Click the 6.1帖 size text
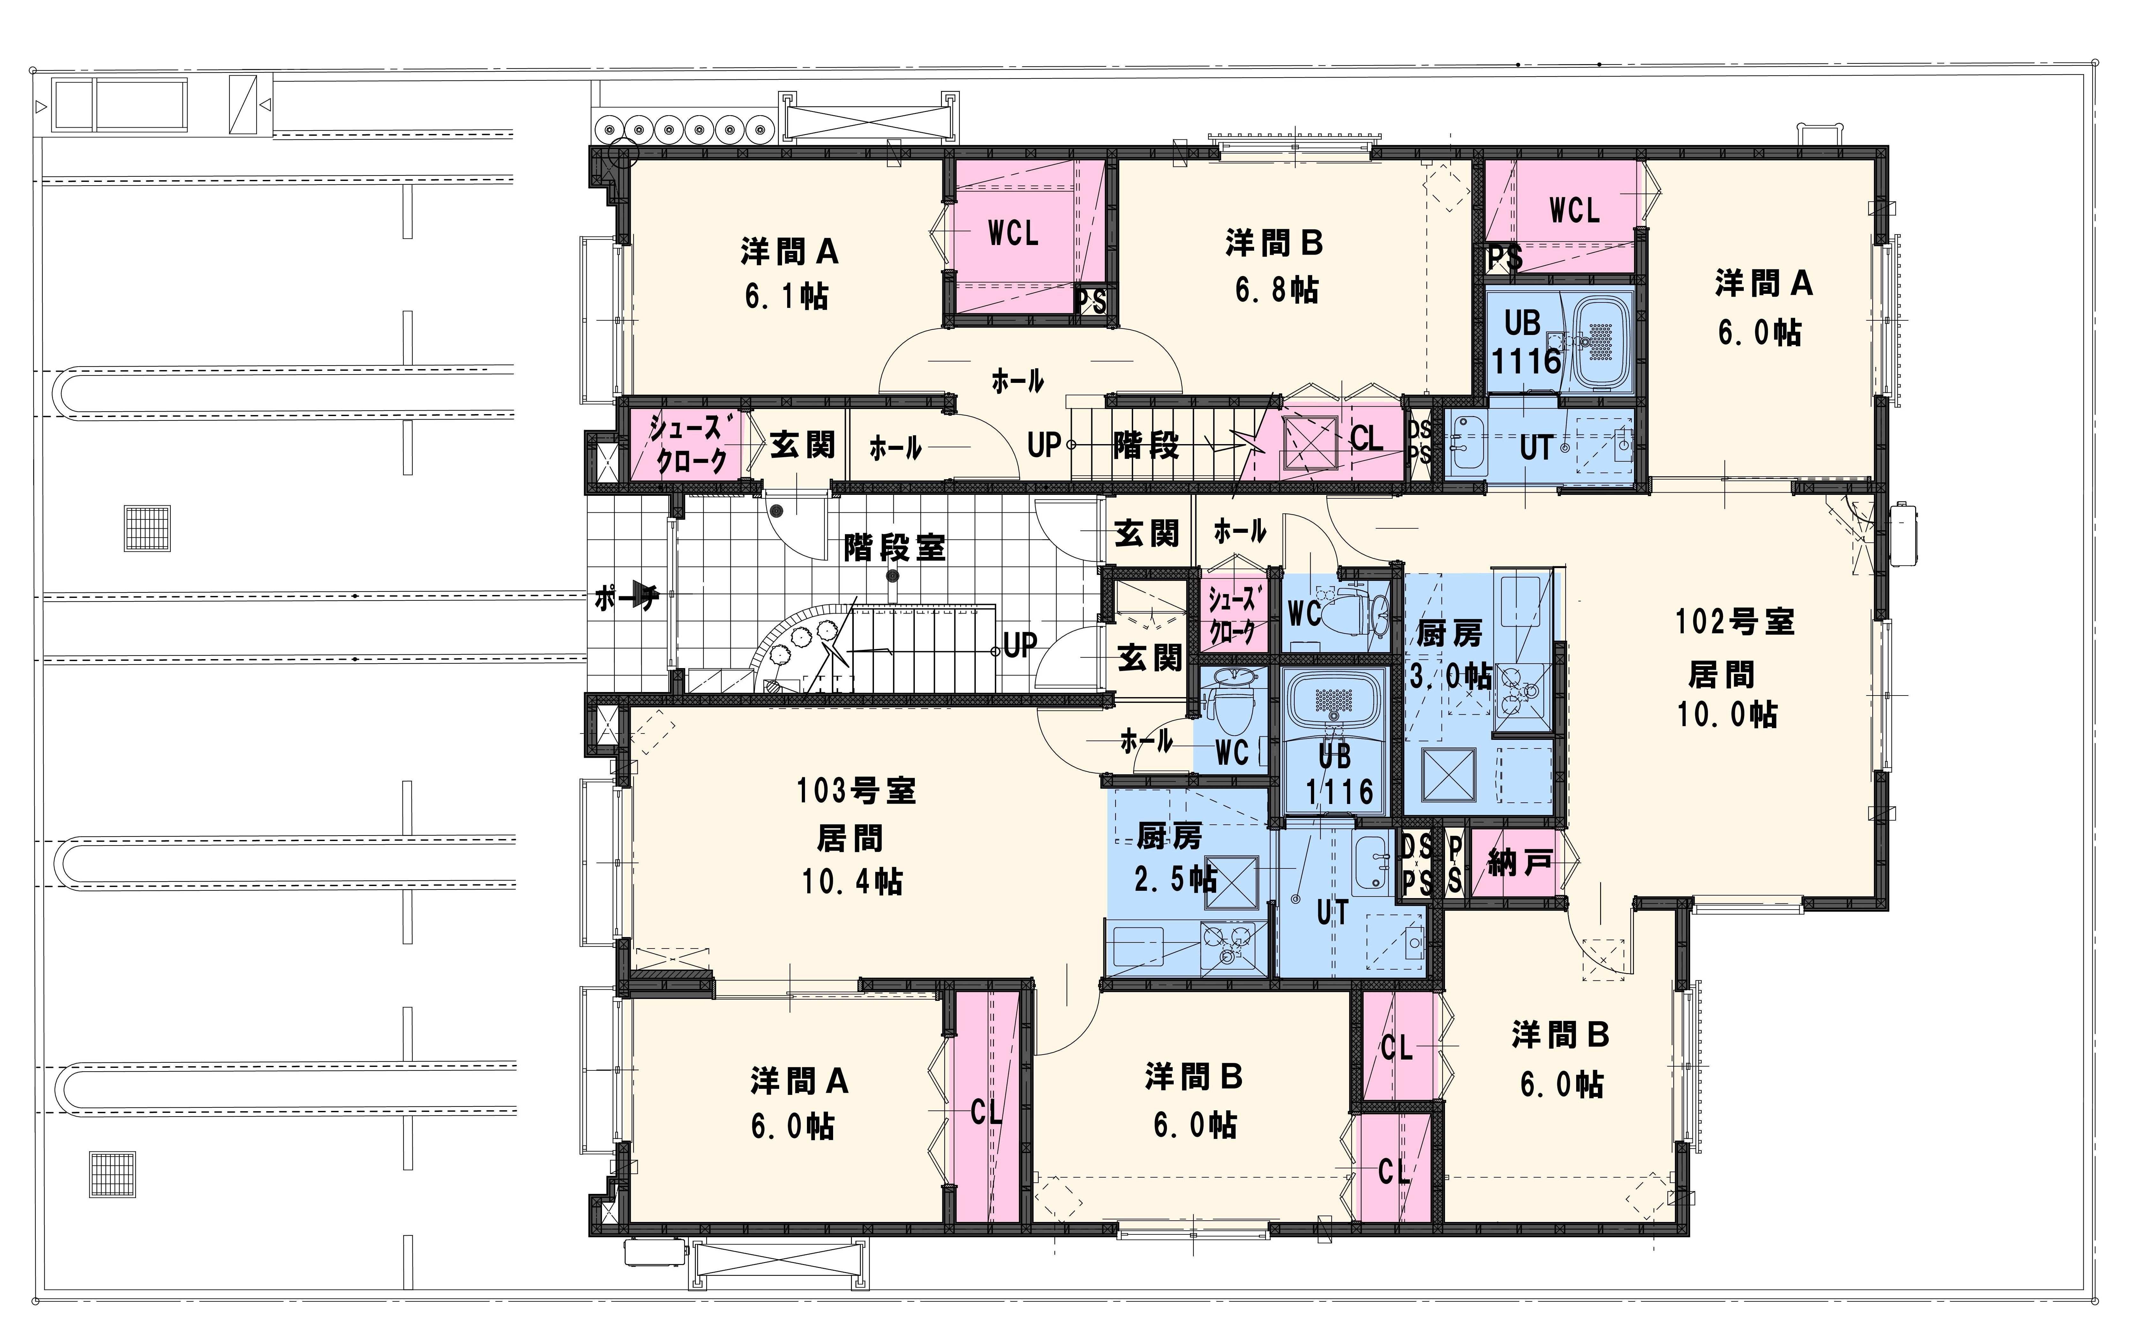pyautogui.click(x=786, y=296)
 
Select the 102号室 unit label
pyautogui.click(x=1735, y=621)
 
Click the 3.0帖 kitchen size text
pyautogui.click(x=1450, y=676)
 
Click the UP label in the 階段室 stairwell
pyautogui.click(x=1020, y=646)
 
